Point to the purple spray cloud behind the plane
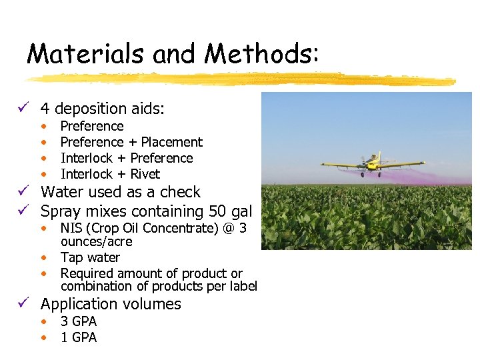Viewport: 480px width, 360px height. (420, 176)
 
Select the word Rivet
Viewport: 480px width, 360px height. (145, 174)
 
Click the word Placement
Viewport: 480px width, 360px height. (171, 142)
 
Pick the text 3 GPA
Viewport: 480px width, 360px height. (79, 321)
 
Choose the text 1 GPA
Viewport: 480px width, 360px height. (79, 337)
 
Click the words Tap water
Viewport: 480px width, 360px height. (90, 257)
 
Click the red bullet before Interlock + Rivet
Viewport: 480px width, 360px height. (43, 175)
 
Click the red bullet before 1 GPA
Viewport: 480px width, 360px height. (43, 338)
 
